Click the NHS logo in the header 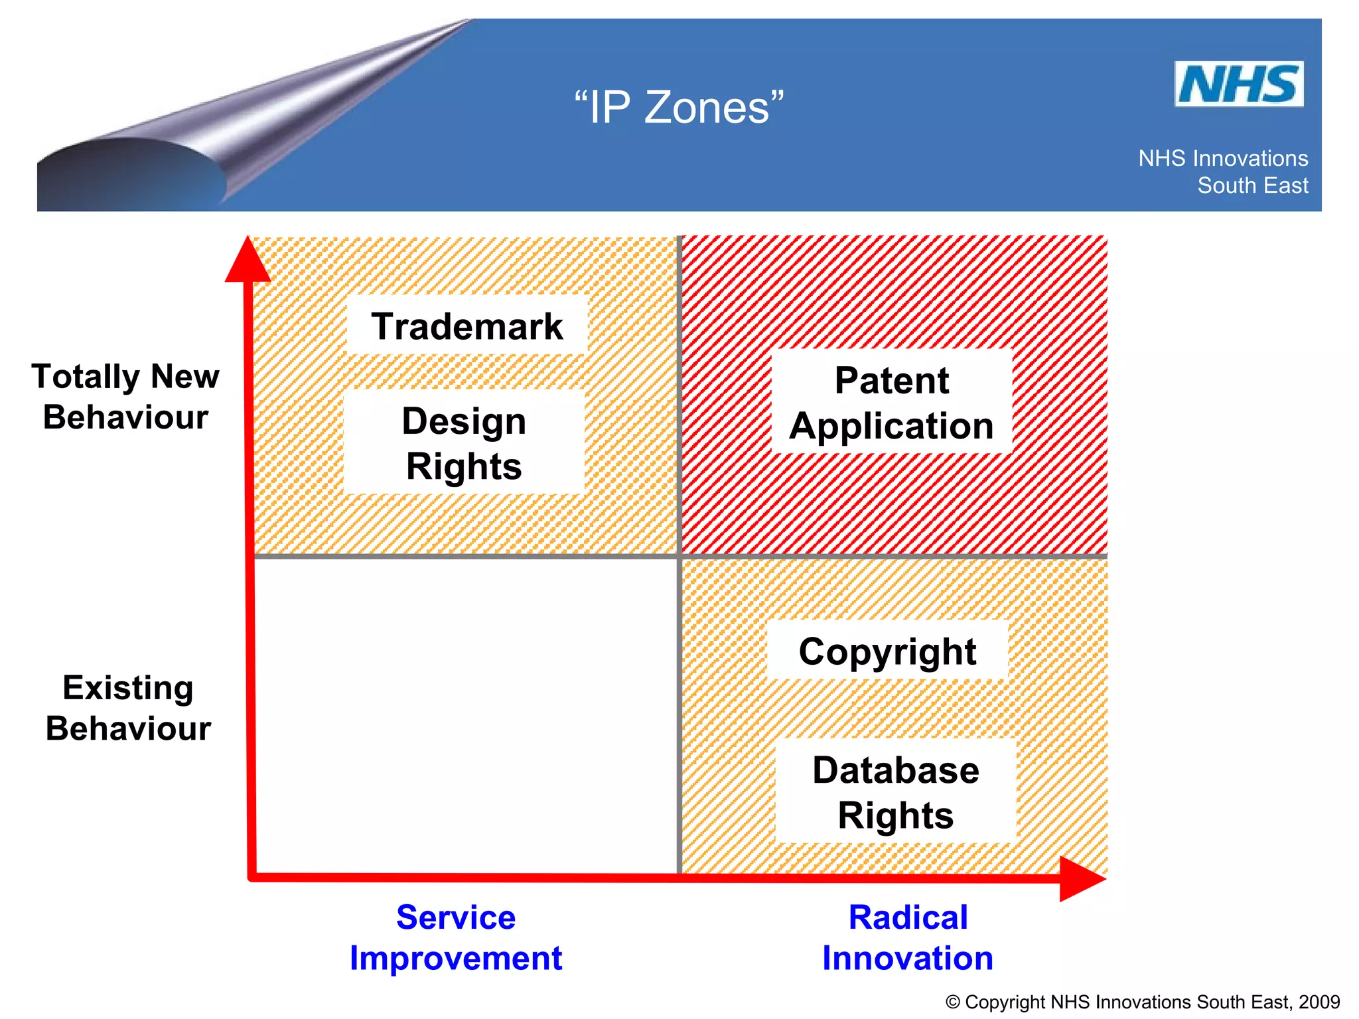tap(1238, 84)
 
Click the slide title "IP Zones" tap(678, 107)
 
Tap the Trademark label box tap(466, 326)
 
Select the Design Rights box tap(464, 442)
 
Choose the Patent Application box tap(891, 403)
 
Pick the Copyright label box tap(887, 651)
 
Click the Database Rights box tap(895, 792)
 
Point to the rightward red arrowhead tap(1080, 878)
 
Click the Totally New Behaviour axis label tap(125, 397)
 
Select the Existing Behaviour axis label tap(128, 708)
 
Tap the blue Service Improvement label tap(456, 937)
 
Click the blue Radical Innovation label tap(907, 937)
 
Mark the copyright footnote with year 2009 tap(1142, 1002)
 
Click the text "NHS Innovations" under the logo tap(1222, 159)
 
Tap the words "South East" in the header tap(1252, 186)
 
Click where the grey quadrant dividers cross tap(679, 556)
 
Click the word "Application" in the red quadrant tap(891, 426)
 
